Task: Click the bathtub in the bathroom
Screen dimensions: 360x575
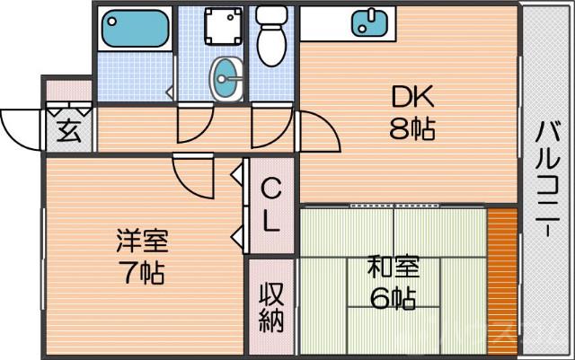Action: pyautogui.click(x=135, y=29)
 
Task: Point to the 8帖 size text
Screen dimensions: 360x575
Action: pyautogui.click(x=411, y=130)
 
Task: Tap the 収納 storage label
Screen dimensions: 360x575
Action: pyautogui.click(x=271, y=307)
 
